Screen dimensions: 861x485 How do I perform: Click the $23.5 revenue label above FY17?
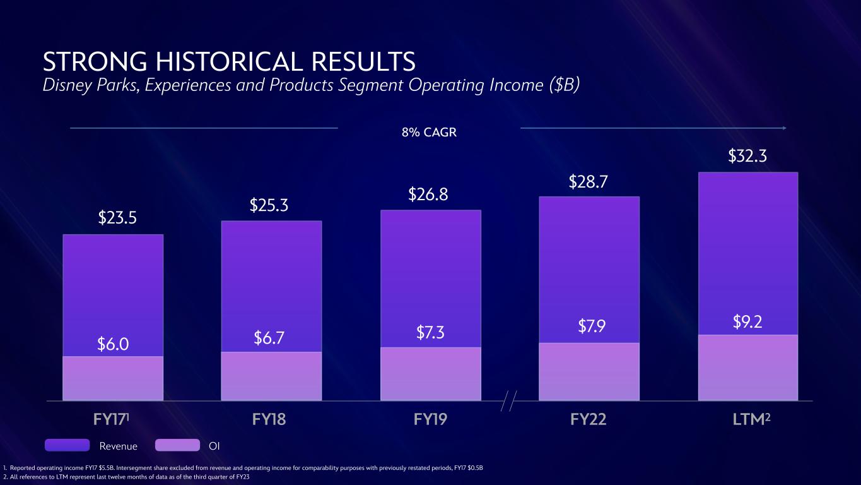[x=117, y=217]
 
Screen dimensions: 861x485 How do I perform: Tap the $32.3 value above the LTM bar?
[x=747, y=156]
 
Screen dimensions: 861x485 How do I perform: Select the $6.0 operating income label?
[x=113, y=344]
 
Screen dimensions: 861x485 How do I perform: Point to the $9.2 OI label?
[x=747, y=322]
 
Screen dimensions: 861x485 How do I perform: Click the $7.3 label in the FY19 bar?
[x=430, y=332]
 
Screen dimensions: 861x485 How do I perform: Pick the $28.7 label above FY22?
[x=588, y=182]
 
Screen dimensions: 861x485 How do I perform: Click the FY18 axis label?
[x=269, y=419]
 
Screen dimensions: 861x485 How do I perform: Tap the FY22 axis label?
[x=588, y=419]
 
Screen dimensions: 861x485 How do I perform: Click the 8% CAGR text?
[x=429, y=133]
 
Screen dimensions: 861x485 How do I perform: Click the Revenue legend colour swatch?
[x=67, y=445]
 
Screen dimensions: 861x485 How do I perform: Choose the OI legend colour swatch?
[x=178, y=445]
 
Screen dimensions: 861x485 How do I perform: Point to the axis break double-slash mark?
[x=509, y=401]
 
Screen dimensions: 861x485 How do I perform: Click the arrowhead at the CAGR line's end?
[x=784, y=128]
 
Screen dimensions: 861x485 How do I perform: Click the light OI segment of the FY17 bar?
[x=113, y=378]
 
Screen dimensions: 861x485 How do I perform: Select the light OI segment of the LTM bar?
[x=748, y=368]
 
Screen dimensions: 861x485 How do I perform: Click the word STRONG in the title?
[x=95, y=62]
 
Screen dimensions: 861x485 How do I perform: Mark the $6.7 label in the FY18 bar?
[x=269, y=338]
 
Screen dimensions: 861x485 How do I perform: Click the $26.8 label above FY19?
[x=428, y=195]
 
